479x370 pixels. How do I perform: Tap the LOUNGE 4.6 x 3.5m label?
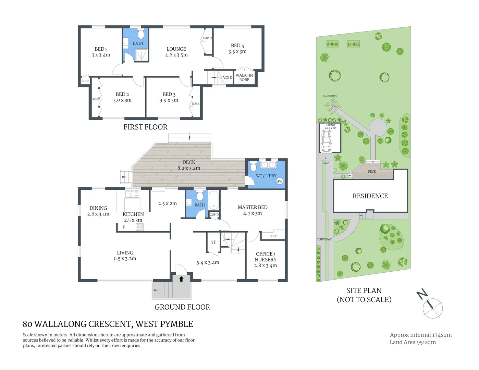176,52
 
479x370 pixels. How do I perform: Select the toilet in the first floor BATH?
140,34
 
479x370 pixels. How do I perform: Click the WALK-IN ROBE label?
244,77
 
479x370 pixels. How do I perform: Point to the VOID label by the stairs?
228,78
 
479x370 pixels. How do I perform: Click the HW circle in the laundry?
280,181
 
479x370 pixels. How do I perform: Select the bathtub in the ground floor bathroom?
213,200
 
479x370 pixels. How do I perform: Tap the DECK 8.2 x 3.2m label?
189,165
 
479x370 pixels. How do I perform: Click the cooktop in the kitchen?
140,227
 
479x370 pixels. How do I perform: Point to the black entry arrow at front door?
181,279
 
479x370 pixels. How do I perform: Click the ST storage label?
213,242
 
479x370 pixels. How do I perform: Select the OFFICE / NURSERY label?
266,259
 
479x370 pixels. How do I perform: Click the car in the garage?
327,141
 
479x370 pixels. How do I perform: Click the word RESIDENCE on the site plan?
370,196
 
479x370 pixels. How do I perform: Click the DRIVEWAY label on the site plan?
324,239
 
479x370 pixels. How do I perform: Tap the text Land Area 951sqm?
413,342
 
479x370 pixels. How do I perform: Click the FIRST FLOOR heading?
145,127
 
